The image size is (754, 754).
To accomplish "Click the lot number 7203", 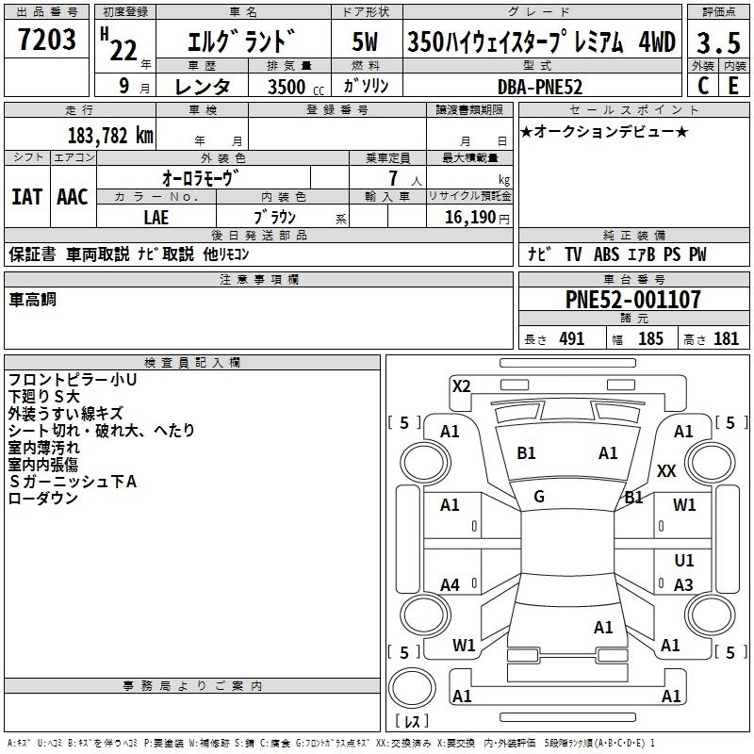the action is point(47,39).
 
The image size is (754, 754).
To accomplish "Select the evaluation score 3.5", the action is point(718,42).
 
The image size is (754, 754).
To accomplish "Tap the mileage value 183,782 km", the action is point(110,136).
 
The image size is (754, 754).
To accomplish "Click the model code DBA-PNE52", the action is point(539,87).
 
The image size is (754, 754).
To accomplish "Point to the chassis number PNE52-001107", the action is point(632,300).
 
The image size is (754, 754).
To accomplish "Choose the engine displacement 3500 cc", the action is point(296,87).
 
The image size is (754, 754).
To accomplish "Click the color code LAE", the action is point(156,218).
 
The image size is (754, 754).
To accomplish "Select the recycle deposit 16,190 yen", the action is point(477,218).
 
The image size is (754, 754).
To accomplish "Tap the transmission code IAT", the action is point(27,197).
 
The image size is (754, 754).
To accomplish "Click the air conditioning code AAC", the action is point(73,197).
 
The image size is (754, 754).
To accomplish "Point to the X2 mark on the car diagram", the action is point(461,386).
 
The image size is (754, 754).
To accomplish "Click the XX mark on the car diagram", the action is point(666,470).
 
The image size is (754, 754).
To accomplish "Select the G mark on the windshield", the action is point(539,497).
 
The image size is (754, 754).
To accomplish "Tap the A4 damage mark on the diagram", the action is point(450,584).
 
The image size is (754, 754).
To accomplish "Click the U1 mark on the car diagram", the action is point(684,560).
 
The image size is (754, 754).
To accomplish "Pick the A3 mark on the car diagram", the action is point(683,584).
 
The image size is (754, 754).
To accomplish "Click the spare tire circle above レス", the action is point(412,688).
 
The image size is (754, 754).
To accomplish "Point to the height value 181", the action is point(726,338).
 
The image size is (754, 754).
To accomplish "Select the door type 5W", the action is point(365,41).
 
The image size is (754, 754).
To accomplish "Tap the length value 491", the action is point(572,338).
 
